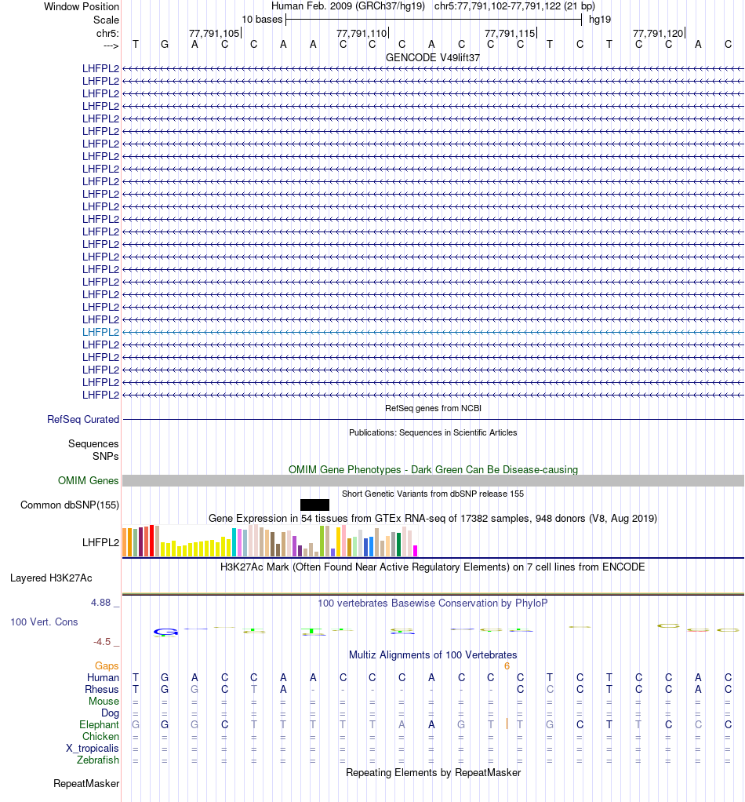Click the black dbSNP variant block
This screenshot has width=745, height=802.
pyautogui.click(x=314, y=505)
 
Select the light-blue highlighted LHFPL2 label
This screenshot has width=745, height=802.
pyautogui.click(x=100, y=332)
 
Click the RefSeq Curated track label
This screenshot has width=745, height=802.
pyautogui.click(x=83, y=420)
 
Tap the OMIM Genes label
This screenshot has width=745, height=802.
pyautogui.click(x=89, y=481)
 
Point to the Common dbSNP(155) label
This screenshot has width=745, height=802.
pyautogui.click(x=70, y=505)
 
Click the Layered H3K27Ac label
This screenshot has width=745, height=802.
pyautogui.click(x=51, y=578)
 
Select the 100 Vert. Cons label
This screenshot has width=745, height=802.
pyautogui.click(x=44, y=622)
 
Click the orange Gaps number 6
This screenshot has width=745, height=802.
pyautogui.click(x=507, y=666)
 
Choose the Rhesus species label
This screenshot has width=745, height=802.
pyautogui.click(x=102, y=690)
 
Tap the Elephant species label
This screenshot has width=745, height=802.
pyautogui.click(x=99, y=725)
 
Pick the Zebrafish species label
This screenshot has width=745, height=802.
pyautogui.click(x=98, y=760)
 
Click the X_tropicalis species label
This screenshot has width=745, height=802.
pyautogui.click(x=93, y=749)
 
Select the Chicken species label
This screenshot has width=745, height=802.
pyautogui.click(x=101, y=737)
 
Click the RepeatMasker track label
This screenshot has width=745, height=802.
pyautogui.click(x=86, y=784)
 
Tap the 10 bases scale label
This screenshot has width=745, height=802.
pyautogui.click(x=262, y=19)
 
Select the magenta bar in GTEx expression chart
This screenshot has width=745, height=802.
pyautogui.click(x=416, y=550)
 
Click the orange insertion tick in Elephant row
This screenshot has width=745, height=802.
pyautogui.click(x=507, y=724)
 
